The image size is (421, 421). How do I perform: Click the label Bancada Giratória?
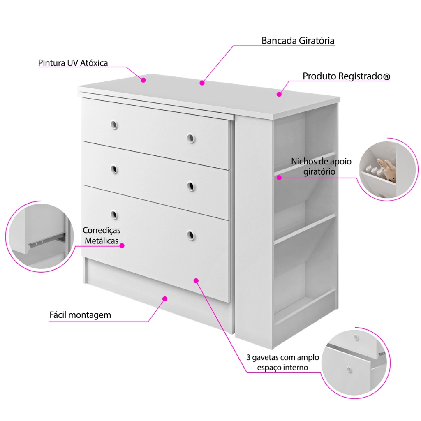point(298,41)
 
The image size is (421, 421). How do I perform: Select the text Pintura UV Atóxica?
point(73,63)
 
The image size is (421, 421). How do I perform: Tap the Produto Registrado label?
point(346,76)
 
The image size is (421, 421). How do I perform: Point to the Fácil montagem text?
point(80,315)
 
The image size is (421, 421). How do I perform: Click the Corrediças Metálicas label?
point(101,236)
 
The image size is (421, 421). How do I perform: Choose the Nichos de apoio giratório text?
point(321,166)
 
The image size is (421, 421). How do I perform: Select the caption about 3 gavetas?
point(283,362)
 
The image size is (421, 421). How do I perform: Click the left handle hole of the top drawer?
point(114,125)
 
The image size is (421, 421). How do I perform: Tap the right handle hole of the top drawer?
point(190,138)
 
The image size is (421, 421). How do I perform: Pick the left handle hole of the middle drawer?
point(114,169)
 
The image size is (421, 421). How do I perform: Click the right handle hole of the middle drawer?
point(190,186)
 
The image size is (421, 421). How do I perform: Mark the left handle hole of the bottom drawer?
point(114,214)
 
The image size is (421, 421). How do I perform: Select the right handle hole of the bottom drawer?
point(190,235)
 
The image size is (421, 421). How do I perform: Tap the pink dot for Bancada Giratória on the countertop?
point(202,83)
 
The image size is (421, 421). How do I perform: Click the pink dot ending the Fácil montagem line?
point(165,298)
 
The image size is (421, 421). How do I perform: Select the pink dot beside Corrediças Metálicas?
point(122,245)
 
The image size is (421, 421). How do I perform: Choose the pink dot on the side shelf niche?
point(279,178)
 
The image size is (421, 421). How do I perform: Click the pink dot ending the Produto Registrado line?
point(279,94)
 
